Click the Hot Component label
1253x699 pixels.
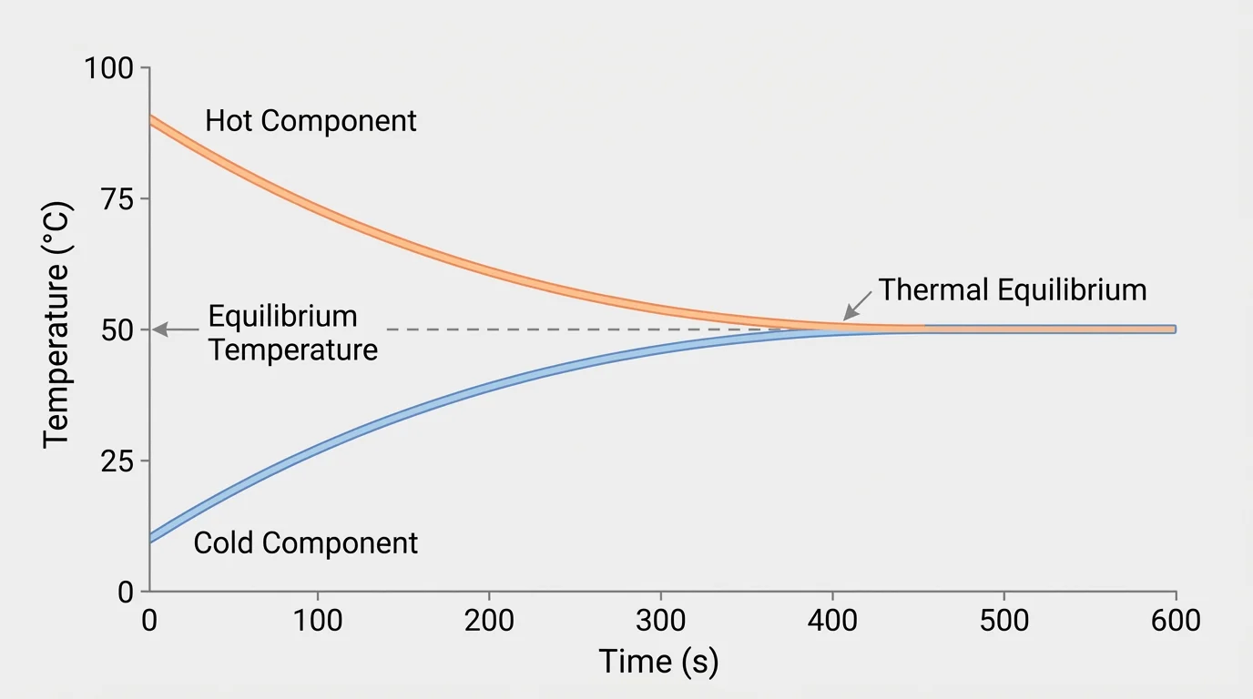311,120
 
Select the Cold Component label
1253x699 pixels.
306,543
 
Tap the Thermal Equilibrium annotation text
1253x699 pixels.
1012,290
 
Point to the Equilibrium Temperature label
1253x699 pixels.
292,333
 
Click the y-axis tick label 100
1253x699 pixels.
108,68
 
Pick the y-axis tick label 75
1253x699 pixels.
116,199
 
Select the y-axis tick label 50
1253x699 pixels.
116,329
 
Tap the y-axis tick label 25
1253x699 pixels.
116,461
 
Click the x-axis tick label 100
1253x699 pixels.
318,622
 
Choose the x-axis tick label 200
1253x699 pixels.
489,622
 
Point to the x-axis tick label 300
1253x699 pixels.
660,622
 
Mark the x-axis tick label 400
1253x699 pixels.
832,622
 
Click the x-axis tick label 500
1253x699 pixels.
1003,622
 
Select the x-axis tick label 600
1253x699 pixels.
1175,622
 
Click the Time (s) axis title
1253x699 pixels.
658,662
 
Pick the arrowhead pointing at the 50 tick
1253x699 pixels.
158,329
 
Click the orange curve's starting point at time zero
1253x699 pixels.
150,121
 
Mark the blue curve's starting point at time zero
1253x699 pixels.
150,537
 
